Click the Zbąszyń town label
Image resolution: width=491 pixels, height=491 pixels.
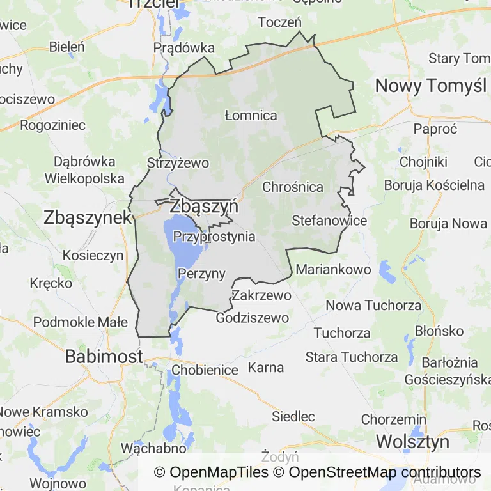point(204,207)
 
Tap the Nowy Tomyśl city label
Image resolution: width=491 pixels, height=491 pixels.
point(430,85)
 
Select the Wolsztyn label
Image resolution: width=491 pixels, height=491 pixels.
point(412,441)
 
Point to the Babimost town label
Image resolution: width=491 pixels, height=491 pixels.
point(104,356)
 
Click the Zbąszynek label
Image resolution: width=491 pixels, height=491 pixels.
point(88,217)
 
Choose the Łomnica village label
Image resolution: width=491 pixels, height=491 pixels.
point(251,116)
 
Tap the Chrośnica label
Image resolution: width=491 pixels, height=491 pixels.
point(293,187)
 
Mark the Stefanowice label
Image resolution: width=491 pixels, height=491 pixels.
point(329,221)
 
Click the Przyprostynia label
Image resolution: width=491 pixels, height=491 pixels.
point(214,237)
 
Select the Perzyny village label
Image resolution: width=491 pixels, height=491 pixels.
point(201,274)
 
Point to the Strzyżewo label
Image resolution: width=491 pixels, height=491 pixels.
point(178,163)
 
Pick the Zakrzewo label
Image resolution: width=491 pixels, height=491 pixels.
point(261,295)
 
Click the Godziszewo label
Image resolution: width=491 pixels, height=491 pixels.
point(253,318)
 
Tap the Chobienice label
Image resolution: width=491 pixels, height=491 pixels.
point(205,370)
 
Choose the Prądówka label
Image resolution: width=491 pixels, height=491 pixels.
point(184,48)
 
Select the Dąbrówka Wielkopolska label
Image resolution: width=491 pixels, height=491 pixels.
point(84,169)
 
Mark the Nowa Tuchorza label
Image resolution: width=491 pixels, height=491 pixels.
point(373,306)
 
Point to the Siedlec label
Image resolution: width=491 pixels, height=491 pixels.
point(293,417)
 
